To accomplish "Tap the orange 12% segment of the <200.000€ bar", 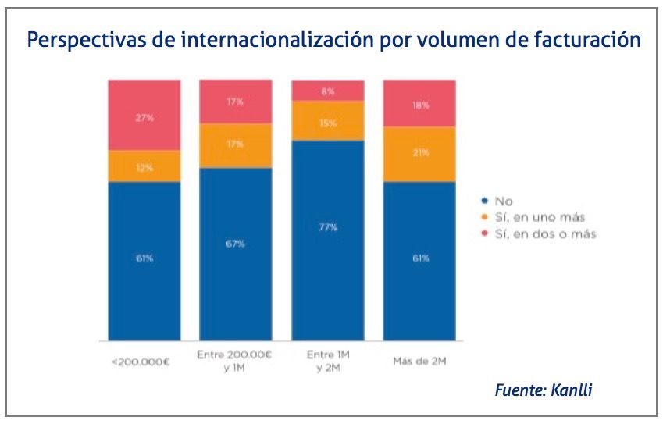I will pyautogui.click(x=144, y=166).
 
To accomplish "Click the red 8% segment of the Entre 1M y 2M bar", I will pyautogui.click(x=328, y=91).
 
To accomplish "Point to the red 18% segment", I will pyautogui.click(x=420, y=103).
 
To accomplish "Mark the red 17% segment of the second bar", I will pyautogui.click(x=236, y=102).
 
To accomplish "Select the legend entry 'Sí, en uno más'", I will pyautogui.click(x=538, y=217).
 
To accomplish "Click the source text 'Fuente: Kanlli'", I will pyautogui.click(x=543, y=390).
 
